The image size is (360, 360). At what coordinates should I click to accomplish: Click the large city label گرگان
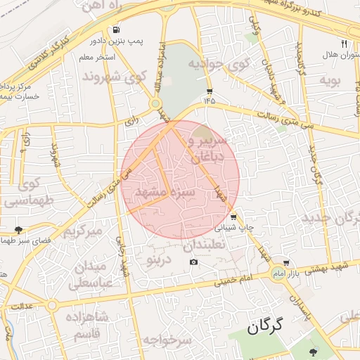[x=264, y=326]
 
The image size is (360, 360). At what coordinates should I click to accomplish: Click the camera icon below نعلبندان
[x=193, y=262]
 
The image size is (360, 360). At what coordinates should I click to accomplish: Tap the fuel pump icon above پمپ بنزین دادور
[x=116, y=30]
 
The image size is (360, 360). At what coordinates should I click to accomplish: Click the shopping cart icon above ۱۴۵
[x=210, y=91]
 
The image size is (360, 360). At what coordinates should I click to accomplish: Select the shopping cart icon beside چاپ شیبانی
[x=233, y=217]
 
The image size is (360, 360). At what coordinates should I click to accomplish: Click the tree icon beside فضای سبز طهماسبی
[x=18, y=229]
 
